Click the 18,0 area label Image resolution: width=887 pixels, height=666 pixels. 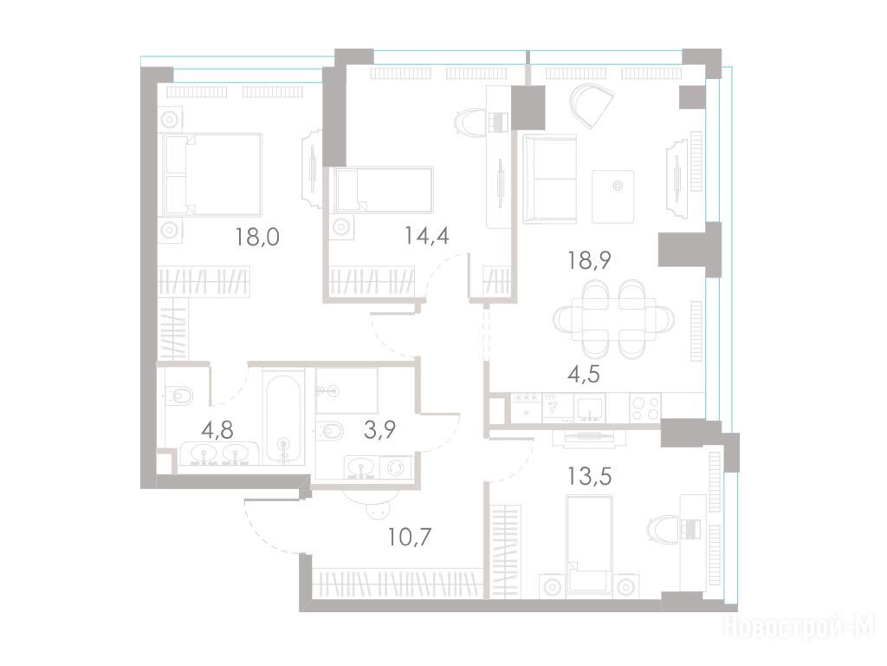click(257, 237)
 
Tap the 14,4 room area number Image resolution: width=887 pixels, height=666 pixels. click(427, 235)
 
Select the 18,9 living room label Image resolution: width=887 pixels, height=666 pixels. click(589, 260)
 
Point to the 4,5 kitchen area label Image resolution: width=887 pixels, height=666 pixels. click(583, 375)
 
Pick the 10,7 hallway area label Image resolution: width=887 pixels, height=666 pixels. click(410, 536)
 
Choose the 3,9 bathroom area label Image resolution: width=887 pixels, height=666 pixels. click(379, 430)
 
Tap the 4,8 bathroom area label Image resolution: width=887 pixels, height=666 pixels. click(217, 430)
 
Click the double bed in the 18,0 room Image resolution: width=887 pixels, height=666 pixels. click(211, 174)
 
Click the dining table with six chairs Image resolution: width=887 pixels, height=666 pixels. click(614, 320)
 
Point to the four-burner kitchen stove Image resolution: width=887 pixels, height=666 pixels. click(644, 408)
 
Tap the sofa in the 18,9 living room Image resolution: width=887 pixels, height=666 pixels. click(550, 179)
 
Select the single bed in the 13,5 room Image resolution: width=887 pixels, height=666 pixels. click(589, 546)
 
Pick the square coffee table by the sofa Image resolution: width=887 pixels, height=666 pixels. click(612, 197)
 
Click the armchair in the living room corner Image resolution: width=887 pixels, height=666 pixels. click(591, 106)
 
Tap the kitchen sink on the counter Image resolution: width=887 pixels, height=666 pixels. click(589, 408)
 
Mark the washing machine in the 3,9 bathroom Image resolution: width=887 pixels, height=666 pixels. click(395, 467)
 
